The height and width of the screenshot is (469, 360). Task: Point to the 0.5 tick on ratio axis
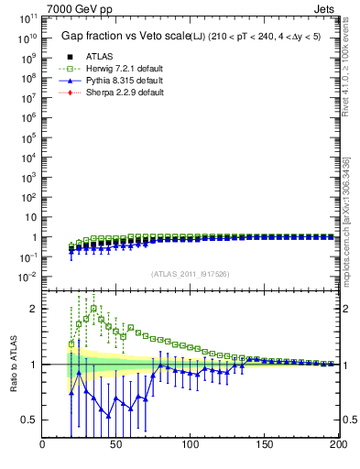[29, 420]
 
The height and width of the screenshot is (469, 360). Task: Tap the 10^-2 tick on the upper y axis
[27, 277]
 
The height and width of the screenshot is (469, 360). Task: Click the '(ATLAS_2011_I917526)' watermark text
[190, 273]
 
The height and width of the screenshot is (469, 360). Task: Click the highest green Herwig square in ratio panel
[93, 309]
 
